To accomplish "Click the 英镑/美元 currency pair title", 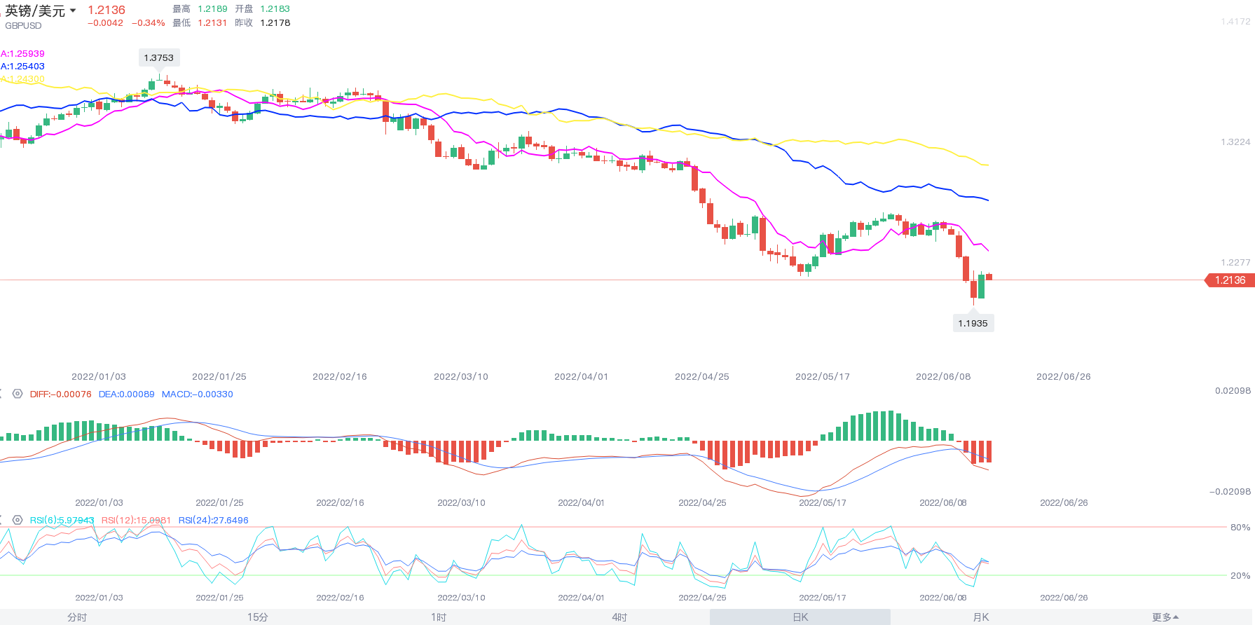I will (x=35, y=11).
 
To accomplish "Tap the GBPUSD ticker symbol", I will (x=23, y=26).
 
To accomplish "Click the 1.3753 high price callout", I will (x=158, y=58).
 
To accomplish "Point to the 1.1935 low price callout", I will (x=973, y=323).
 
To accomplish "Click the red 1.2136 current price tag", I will (x=1230, y=280).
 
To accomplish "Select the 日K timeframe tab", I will (x=800, y=617).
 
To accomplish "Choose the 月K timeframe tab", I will (x=981, y=617).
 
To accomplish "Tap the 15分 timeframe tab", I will (x=257, y=617).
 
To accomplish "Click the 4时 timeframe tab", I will (x=619, y=617).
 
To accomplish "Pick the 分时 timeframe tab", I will (x=77, y=617).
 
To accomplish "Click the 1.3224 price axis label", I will (x=1235, y=142).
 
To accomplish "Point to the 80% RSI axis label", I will (x=1240, y=528).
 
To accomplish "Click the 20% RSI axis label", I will (x=1240, y=576).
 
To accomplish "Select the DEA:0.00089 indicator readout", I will (x=126, y=394).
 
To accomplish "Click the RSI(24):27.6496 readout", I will (x=213, y=521).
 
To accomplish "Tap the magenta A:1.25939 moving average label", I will (x=22, y=54).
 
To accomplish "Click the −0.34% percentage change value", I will (x=149, y=23).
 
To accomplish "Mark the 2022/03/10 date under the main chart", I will (x=460, y=377).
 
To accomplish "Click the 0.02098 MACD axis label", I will (x=1233, y=391).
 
